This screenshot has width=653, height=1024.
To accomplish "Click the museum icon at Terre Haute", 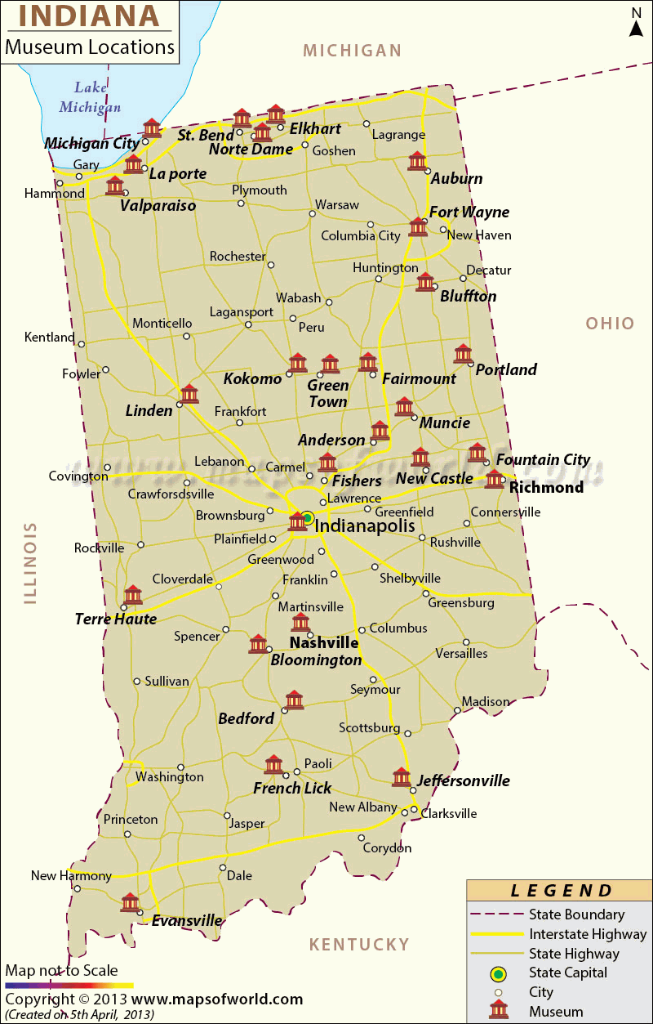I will pos(133,595).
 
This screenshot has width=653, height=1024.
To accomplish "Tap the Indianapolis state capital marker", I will pos(308,517).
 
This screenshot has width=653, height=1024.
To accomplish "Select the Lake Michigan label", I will pos(90,96).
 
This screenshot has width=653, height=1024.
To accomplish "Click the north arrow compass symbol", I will pos(636,23).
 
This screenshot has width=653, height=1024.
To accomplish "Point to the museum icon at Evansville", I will pos(130,902).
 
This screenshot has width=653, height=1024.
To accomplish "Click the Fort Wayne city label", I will pos(469,212).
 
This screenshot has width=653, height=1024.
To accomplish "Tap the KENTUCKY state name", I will pos(358,945).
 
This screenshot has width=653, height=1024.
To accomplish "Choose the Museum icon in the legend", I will pos(498,1010).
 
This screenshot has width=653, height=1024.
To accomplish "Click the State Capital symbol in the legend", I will pos(498,973).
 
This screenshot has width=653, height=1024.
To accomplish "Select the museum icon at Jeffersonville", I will pos(401,776).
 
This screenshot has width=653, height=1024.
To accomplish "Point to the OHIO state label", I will pos(610,324).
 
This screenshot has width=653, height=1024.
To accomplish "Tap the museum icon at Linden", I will pos(189,394).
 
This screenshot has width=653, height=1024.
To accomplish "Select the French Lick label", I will pos(292,789).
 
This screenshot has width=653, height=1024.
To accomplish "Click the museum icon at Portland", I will pos(463,354).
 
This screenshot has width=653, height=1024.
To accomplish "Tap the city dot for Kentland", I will pos(81,344).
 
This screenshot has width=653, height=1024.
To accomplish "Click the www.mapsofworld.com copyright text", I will pos(217,999).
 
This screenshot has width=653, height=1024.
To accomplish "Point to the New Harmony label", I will pos(71,876).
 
